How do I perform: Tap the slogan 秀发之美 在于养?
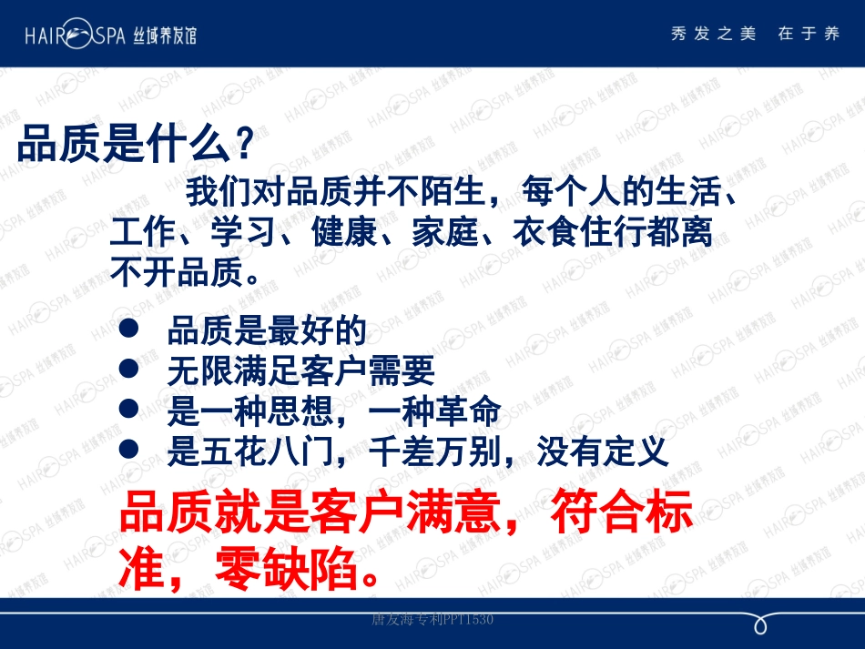coord(755,35)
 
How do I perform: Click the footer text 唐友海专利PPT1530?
coord(432,620)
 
